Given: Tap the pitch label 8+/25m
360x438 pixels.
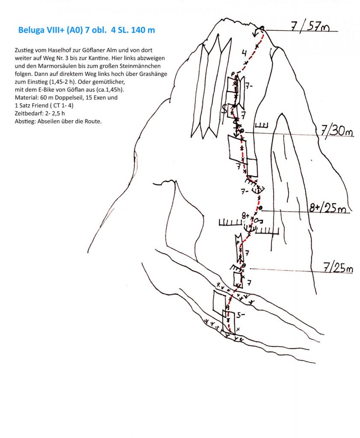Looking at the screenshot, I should (330, 208).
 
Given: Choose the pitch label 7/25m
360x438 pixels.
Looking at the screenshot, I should (338, 269).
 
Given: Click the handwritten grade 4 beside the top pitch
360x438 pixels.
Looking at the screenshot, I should (243, 53).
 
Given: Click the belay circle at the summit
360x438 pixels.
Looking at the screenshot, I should (262, 29).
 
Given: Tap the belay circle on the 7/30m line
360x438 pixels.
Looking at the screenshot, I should (242, 131).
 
